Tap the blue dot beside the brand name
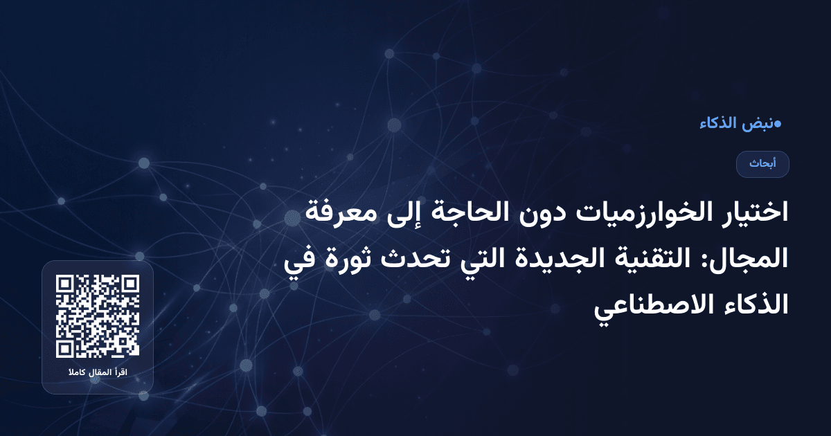tap(778, 125)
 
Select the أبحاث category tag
tap(762, 164)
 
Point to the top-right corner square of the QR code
tap(130, 284)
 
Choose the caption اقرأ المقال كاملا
tap(98, 374)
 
